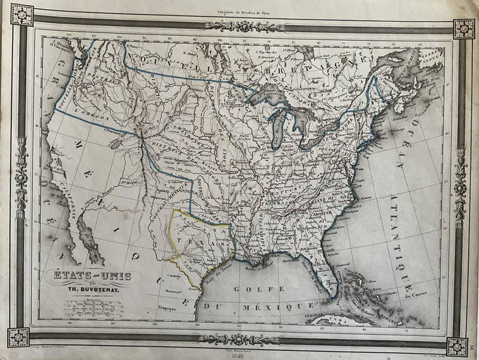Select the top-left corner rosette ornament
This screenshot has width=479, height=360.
(21, 14)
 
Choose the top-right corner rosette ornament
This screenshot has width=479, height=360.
(463, 28)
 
